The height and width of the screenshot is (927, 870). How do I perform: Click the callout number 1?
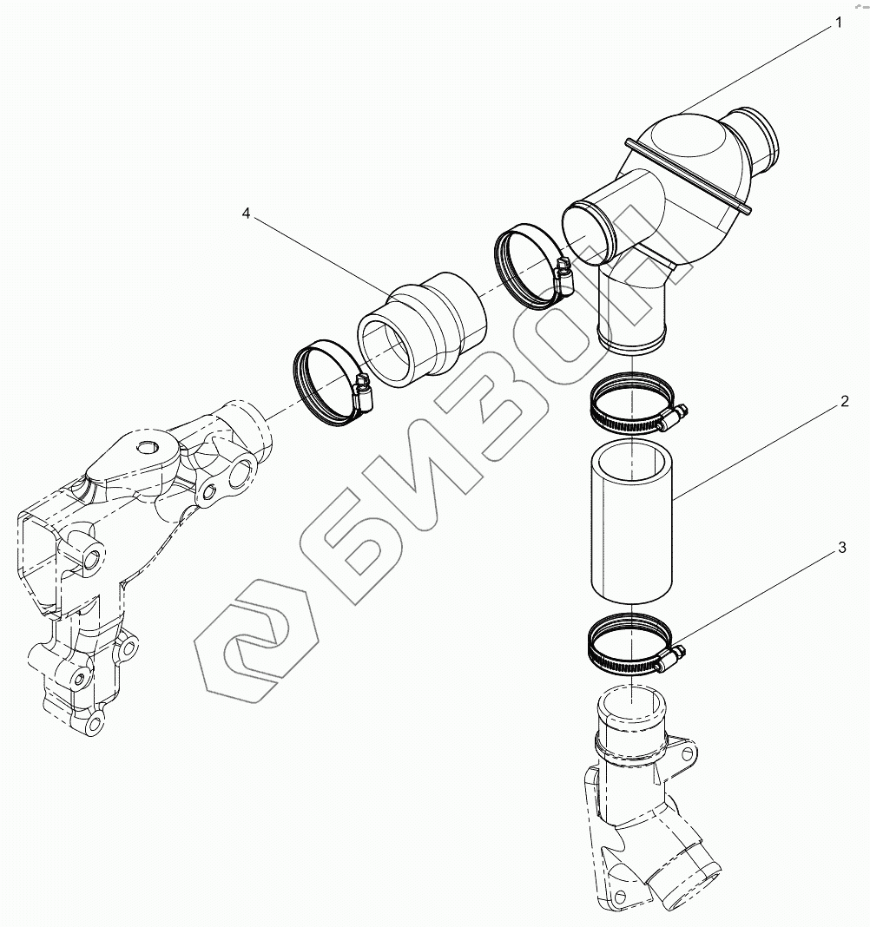coord(839,23)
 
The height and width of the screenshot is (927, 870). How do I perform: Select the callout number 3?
coord(841,548)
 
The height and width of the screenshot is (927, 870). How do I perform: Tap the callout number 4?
coord(246,214)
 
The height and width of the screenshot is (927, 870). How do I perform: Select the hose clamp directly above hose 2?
coord(633,401)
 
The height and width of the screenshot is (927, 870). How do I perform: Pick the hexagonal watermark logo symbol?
coord(251,651)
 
